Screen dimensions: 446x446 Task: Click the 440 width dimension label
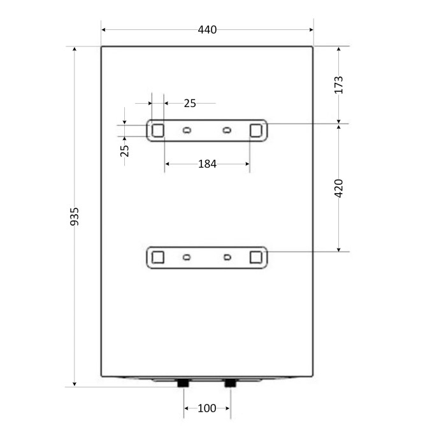[x=207, y=29]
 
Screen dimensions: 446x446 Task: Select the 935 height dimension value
[x=75, y=217]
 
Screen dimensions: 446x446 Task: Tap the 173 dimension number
[x=338, y=85]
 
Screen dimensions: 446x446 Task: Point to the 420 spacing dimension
[x=338, y=189]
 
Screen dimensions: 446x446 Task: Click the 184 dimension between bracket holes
[x=207, y=164]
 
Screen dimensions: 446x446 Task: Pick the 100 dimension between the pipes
[x=207, y=408]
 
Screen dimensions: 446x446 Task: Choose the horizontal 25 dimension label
[x=190, y=103]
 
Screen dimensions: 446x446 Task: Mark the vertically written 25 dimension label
[x=125, y=151]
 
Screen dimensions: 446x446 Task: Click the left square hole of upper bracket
[x=158, y=131]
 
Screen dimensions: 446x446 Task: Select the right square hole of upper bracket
[x=255, y=131]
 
